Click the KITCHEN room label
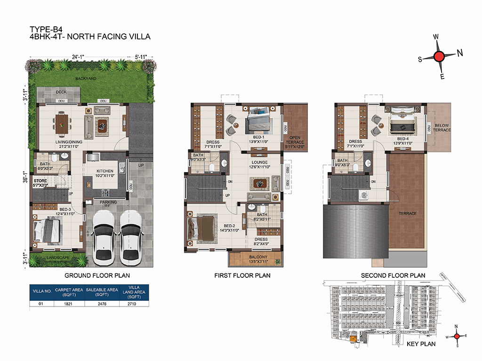(105, 171)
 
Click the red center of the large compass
(439, 57)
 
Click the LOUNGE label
(259, 163)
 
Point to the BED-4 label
(403, 139)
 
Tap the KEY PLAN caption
(420, 344)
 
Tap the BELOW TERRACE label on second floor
(442, 128)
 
